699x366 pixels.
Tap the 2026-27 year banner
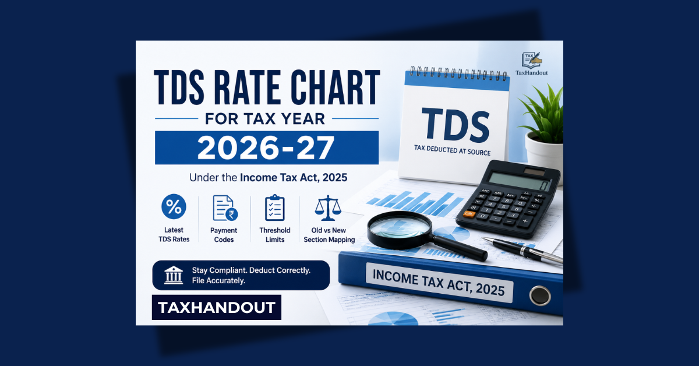click(x=267, y=147)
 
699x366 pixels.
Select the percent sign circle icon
click(x=174, y=206)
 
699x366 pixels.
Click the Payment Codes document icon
click(x=225, y=208)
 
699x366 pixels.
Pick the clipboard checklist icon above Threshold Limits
click(x=274, y=207)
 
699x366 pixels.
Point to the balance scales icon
click(x=328, y=207)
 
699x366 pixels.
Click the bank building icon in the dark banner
click(x=174, y=275)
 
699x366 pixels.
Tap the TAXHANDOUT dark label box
click(x=217, y=307)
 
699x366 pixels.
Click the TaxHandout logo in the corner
click(x=531, y=64)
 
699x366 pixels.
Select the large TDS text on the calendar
click(x=456, y=125)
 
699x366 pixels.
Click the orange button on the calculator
click(x=469, y=214)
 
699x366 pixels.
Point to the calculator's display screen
click(x=519, y=181)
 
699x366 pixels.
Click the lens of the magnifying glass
click(x=400, y=227)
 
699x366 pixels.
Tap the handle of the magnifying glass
click(x=460, y=248)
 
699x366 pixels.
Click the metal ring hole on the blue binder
click(x=540, y=295)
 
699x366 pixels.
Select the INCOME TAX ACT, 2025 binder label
click(x=439, y=283)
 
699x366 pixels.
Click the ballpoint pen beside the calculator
click(x=523, y=251)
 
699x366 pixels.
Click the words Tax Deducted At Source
click(x=453, y=150)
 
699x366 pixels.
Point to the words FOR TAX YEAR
click(x=265, y=119)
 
